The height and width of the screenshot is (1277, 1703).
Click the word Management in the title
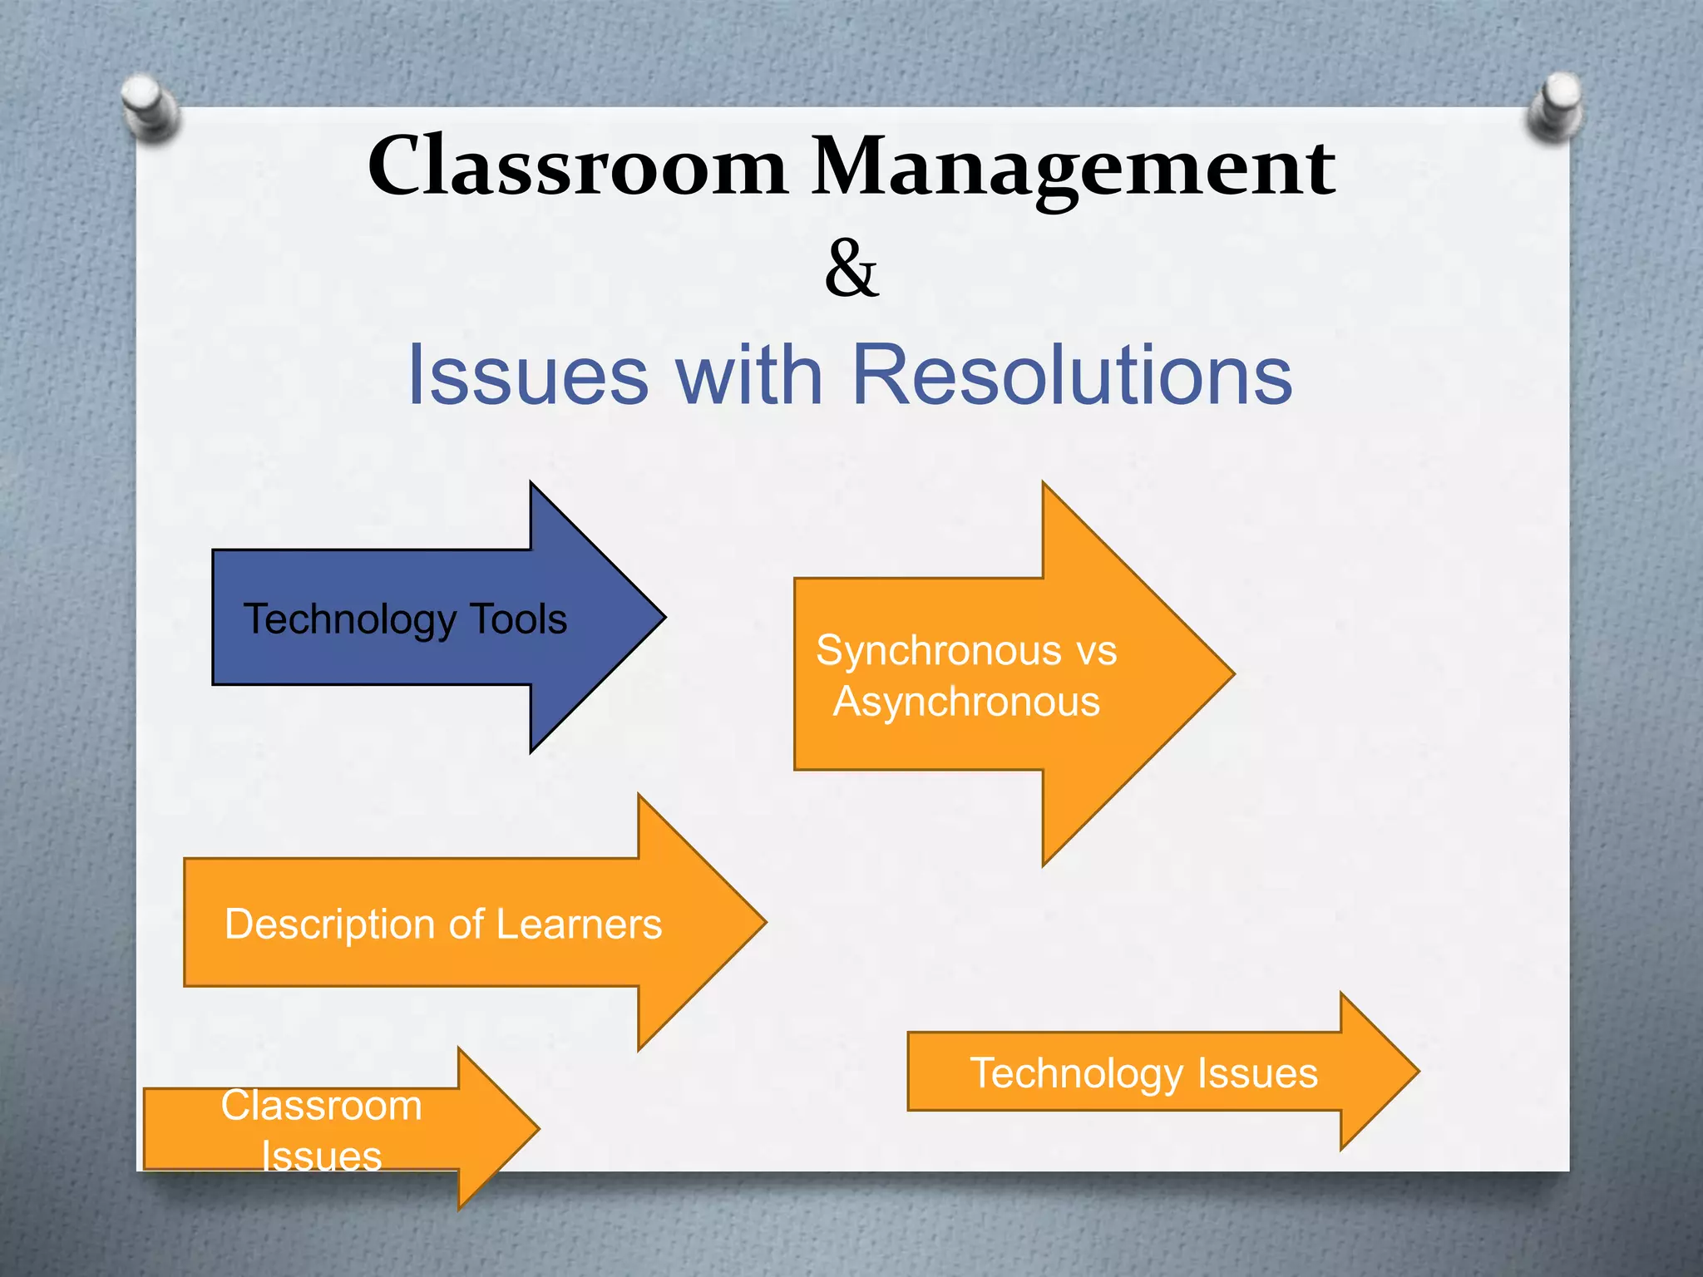click(x=1073, y=169)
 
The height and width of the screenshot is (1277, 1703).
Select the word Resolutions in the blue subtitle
click(x=1072, y=375)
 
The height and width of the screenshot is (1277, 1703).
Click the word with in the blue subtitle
click(x=749, y=375)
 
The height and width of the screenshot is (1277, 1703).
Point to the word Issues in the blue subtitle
click(x=528, y=375)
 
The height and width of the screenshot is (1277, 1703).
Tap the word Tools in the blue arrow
click(x=519, y=619)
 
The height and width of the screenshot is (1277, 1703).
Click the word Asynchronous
click(x=966, y=702)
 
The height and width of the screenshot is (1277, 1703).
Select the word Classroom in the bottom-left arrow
click(x=322, y=1106)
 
